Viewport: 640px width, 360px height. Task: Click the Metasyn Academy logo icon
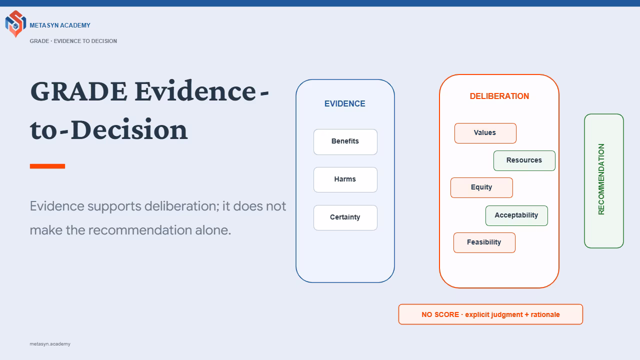pyautogui.click(x=15, y=23)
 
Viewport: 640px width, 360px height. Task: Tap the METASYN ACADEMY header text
pyautogui.click(x=60, y=25)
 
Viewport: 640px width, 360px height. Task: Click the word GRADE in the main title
pyautogui.click(x=78, y=91)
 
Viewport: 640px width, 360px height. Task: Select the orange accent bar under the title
pyautogui.click(x=47, y=166)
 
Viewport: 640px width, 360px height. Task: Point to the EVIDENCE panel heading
pyautogui.click(x=345, y=103)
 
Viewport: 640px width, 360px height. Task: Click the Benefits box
pyautogui.click(x=345, y=141)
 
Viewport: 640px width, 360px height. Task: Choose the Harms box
pyautogui.click(x=345, y=179)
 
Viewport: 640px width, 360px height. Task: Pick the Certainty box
pyautogui.click(x=345, y=217)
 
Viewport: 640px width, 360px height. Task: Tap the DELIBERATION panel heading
pyautogui.click(x=499, y=96)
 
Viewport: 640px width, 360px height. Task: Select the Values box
pyautogui.click(x=485, y=133)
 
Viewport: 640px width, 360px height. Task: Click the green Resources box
pyautogui.click(x=524, y=160)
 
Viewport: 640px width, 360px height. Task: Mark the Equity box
pyautogui.click(x=481, y=187)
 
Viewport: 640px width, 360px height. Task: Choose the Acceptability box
pyautogui.click(x=516, y=215)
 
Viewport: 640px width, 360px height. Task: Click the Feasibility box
pyautogui.click(x=484, y=242)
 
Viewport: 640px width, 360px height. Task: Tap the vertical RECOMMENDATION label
pyautogui.click(x=601, y=179)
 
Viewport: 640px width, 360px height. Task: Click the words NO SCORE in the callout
pyautogui.click(x=440, y=314)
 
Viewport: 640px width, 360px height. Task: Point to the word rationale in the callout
pyautogui.click(x=545, y=314)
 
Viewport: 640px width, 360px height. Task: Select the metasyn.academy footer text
pyautogui.click(x=50, y=344)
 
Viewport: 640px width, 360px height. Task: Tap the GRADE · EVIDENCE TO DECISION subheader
pyautogui.click(x=73, y=41)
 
